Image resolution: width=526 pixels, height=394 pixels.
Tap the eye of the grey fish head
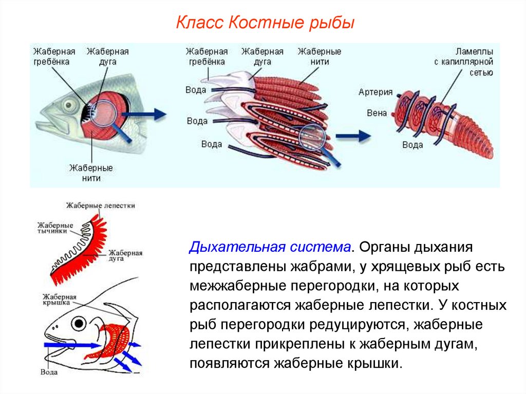[68, 105]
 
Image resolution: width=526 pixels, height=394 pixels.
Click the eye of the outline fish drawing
[79, 323]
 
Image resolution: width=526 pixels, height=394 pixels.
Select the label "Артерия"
[375, 92]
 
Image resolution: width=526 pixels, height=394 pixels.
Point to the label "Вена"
[377, 113]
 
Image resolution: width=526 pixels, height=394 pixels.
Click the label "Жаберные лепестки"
[100, 205]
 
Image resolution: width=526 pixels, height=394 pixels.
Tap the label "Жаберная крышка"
[60, 301]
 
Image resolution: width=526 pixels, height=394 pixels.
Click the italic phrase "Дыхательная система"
[270, 247]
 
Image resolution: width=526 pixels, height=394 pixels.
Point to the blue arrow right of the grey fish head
[153, 114]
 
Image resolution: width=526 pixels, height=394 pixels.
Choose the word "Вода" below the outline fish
[49, 372]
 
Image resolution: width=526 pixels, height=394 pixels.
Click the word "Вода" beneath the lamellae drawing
[412, 145]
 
